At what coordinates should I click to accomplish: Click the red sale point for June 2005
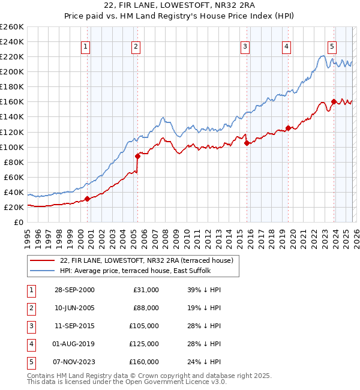click(x=137, y=156)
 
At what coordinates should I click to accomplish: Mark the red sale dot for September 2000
click(x=87, y=199)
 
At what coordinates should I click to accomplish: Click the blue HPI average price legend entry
click(x=135, y=271)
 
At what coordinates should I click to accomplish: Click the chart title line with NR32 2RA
click(x=180, y=6)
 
